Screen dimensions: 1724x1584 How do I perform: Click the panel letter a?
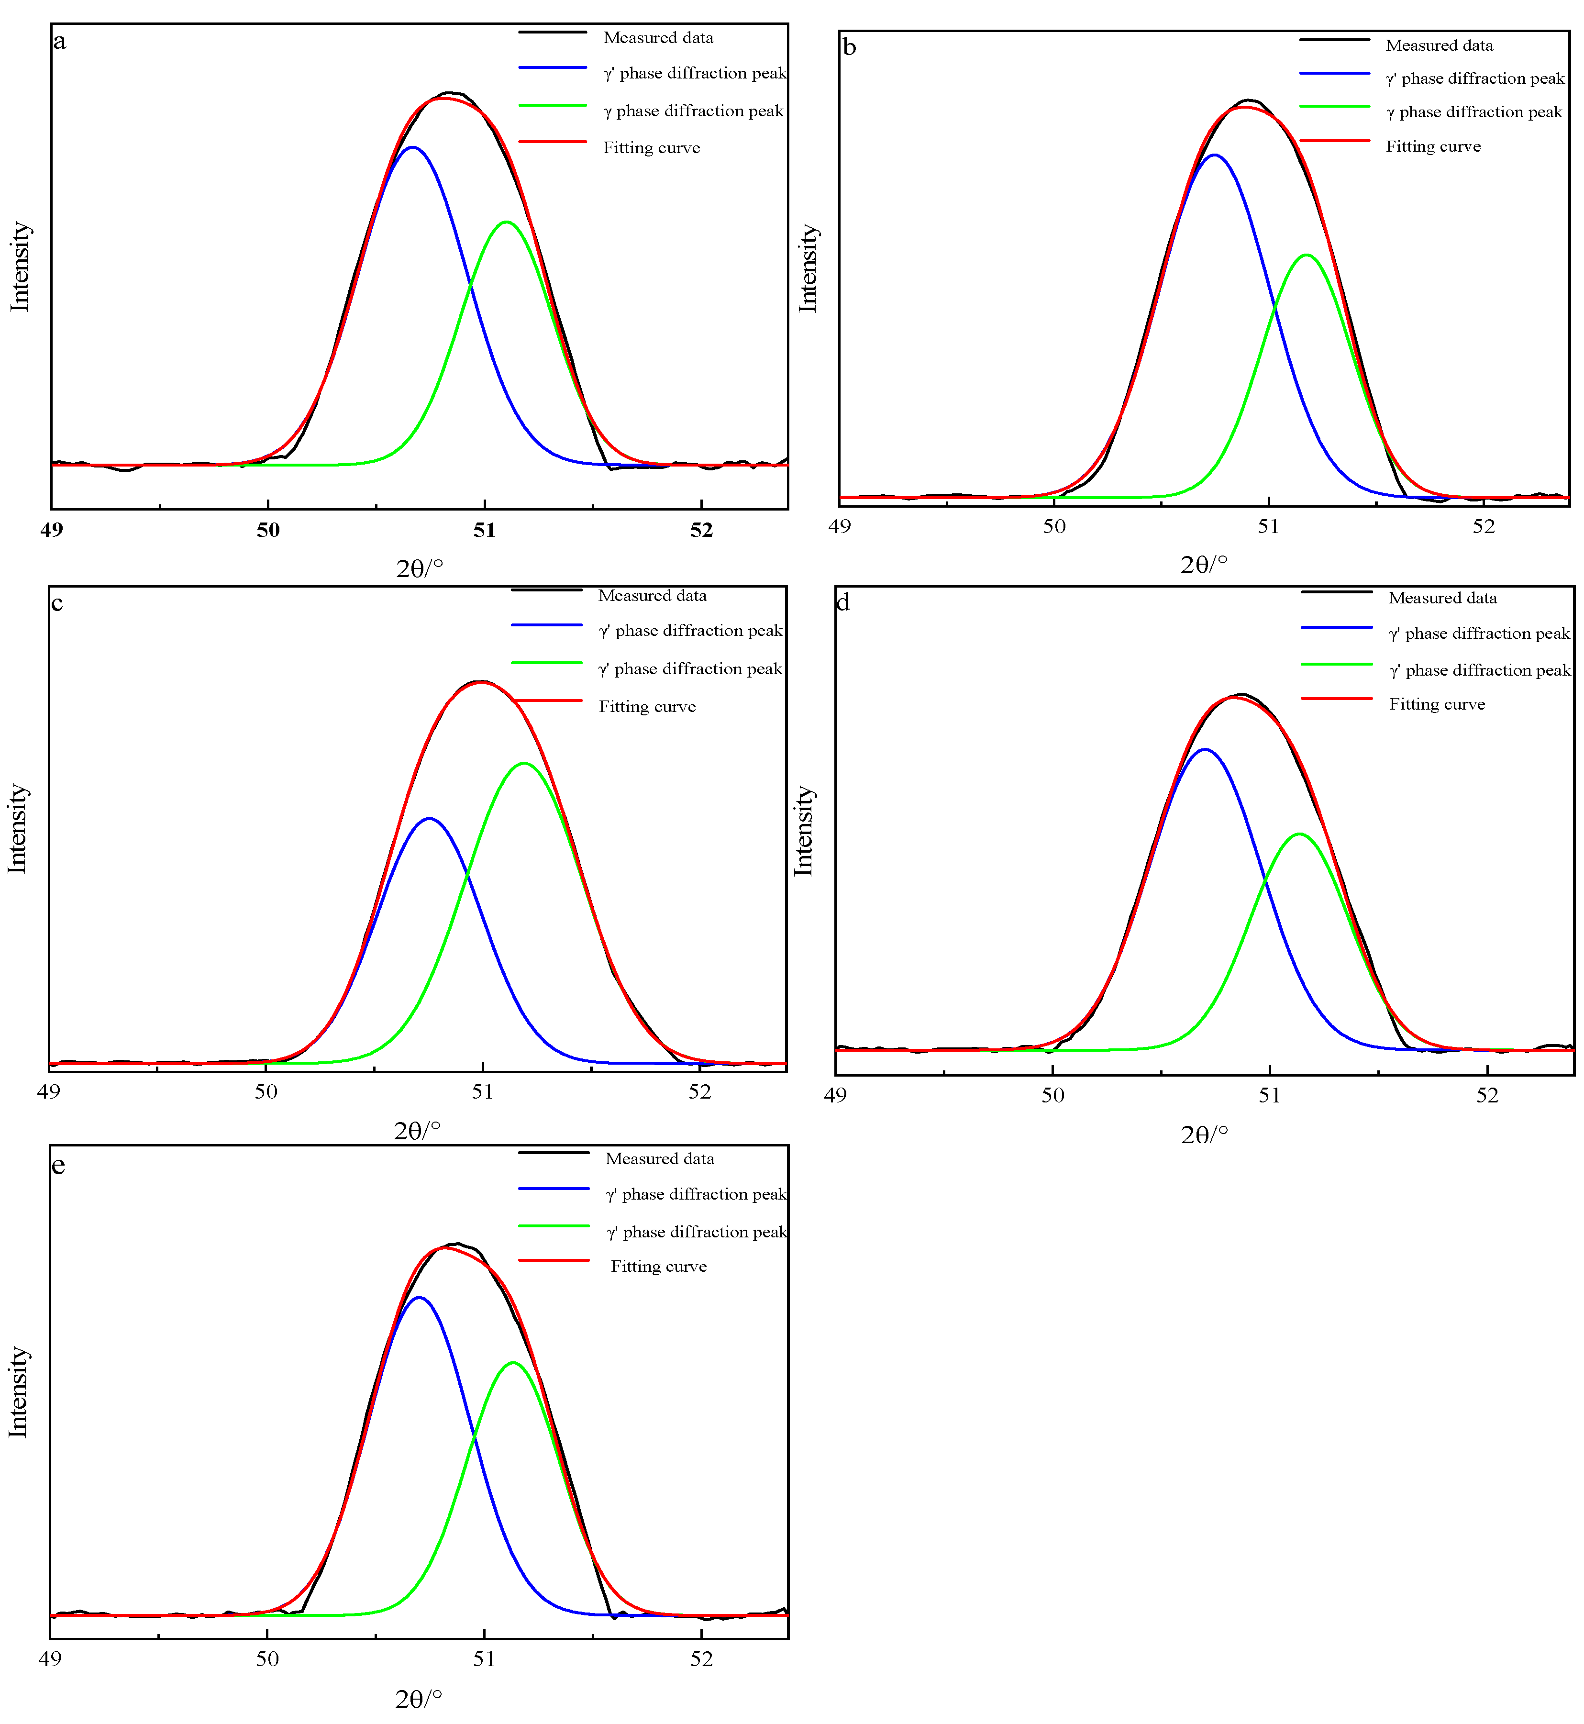click(59, 41)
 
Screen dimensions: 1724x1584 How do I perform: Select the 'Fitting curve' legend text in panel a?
click(652, 147)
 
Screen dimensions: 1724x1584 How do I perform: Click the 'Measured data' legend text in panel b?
click(1439, 45)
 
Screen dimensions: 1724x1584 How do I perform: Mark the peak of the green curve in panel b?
click(1306, 255)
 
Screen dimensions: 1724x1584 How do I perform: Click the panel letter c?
click(56, 603)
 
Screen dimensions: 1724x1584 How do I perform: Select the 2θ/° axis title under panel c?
click(418, 1131)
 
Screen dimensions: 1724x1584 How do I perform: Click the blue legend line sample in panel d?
click(1336, 627)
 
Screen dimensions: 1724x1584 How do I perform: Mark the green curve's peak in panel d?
click(1299, 833)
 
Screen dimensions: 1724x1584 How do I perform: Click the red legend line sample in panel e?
click(554, 1260)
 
